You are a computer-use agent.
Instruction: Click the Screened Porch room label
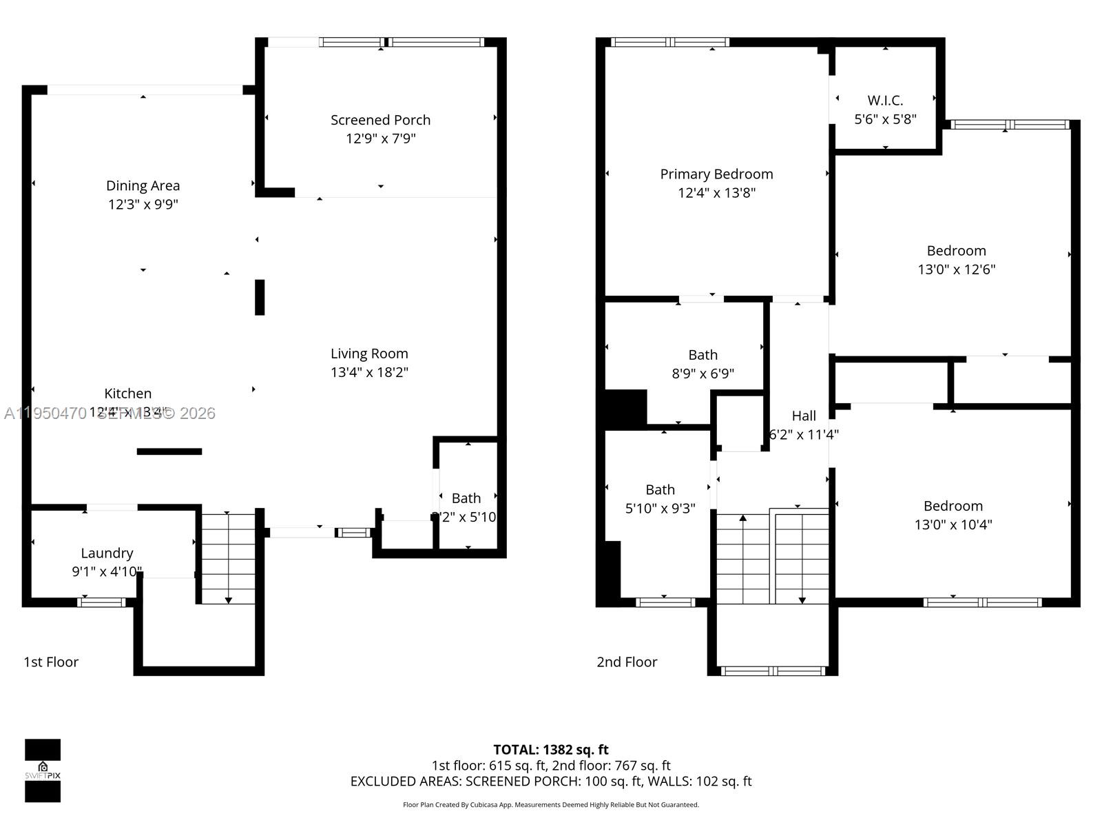coord(380,120)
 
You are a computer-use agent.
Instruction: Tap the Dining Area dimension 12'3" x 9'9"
coord(143,205)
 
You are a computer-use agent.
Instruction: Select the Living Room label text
coord(369,354)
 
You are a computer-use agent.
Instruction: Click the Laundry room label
coord(107,553)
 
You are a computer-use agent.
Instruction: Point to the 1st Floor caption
coord(51,662)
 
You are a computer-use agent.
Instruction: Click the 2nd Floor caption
coord(627,662)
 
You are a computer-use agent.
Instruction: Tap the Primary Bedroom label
coord(716,174)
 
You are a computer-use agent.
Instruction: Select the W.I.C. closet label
coord(885,101)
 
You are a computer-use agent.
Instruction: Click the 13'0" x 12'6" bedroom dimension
coord(956,269)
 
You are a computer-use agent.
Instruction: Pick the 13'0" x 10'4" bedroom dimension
coord(953,524)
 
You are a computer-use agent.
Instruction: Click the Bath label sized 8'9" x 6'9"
coord(703,355)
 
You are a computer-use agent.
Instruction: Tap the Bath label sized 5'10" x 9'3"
coord(660,490)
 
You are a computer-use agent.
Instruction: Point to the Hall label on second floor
coord(804,416)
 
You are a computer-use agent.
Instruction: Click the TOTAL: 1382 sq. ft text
coord(550,750)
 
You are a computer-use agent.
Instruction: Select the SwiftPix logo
coord(43,770)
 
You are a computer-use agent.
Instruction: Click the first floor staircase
coord(228,558)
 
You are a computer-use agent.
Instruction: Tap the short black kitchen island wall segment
coord(169,451)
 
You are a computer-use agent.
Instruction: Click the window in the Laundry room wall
coord(101,602)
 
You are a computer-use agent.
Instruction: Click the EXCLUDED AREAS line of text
coord(550,782)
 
